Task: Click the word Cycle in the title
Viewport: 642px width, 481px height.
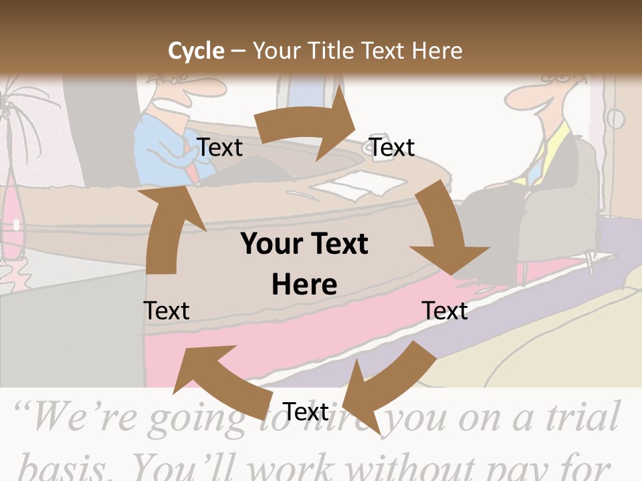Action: pos(195,51)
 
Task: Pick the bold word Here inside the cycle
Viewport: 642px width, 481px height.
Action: pos(304,285)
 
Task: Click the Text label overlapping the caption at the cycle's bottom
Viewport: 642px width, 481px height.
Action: pos(306,412)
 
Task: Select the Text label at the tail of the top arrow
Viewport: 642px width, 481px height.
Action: pos(220,148)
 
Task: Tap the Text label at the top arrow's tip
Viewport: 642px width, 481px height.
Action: pos(393,148)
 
